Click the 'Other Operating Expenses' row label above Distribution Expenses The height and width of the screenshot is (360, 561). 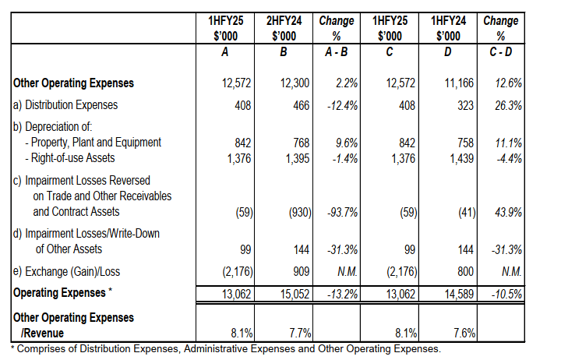[x=74, y=83]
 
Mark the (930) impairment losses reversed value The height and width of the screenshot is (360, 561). [x=297, y=211]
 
